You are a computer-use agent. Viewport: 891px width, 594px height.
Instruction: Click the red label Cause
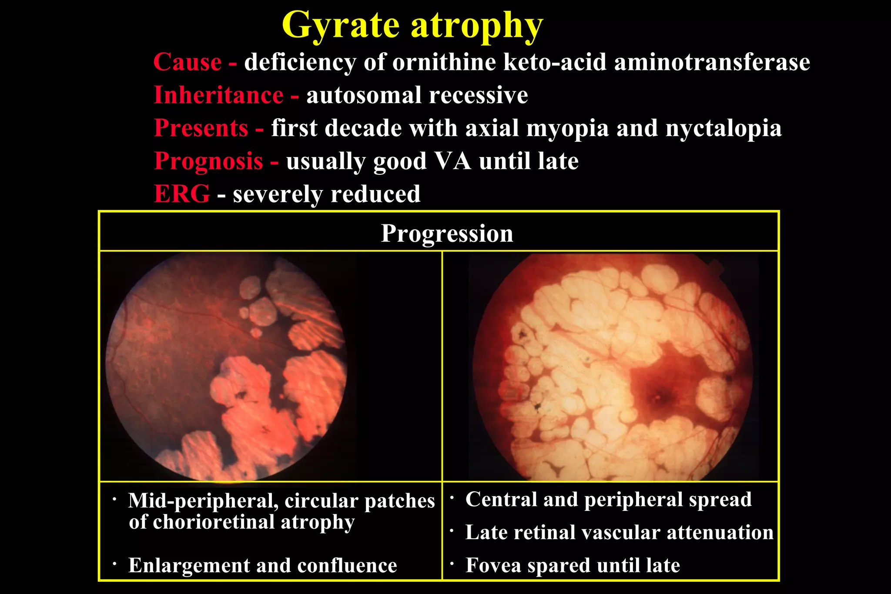(x=188, y=62)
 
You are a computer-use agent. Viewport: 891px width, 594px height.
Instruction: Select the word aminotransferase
(x=712, y=62)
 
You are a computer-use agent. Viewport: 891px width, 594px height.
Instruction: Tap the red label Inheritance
(x=219, y=95)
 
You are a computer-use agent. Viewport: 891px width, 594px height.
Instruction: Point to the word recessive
(x=478, y=95)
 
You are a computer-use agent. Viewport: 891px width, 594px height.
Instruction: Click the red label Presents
(x=201, y=128)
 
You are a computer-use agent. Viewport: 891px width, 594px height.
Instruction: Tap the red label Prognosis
(x=209, y=161)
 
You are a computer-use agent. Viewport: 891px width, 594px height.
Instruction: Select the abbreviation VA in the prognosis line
(x=453, y=161)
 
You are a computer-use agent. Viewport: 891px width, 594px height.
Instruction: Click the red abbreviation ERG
(x=182, y=194)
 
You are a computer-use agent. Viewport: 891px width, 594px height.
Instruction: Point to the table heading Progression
(x=447, y=234)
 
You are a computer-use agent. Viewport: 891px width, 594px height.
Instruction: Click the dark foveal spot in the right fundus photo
(x=657, y=397)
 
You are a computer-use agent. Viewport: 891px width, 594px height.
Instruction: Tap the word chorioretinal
(x=214, y=522)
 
